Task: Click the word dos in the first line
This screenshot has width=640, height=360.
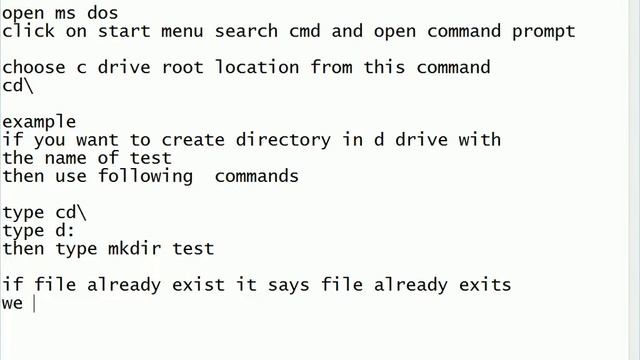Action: [102, 13]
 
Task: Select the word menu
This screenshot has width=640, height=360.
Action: [176, 31]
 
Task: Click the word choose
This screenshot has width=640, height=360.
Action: [33, 68]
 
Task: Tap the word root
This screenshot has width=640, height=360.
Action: [192, 68]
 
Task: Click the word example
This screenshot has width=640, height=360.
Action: [38, 122]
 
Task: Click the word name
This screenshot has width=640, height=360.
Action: [64, 158]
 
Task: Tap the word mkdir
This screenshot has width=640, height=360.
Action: [134, 248]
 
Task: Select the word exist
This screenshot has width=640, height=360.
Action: [198, 285]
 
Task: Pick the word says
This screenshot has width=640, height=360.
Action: [288, 285]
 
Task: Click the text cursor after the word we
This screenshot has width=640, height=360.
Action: [34, 303]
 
